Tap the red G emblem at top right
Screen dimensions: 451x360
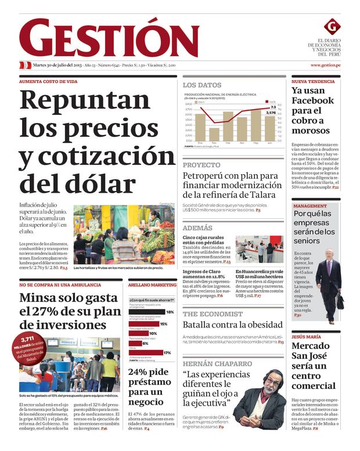[332, 26]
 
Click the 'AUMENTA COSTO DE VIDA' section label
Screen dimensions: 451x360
[48, 82]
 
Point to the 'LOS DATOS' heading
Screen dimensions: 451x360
[202, 85]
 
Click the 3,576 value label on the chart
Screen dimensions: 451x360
[271, 113]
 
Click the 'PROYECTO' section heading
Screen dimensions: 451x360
[201, 165]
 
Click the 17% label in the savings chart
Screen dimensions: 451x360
[167, 352]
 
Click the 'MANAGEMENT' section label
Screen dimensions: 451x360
[310, 206]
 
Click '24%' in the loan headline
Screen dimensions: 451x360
[141, 372]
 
